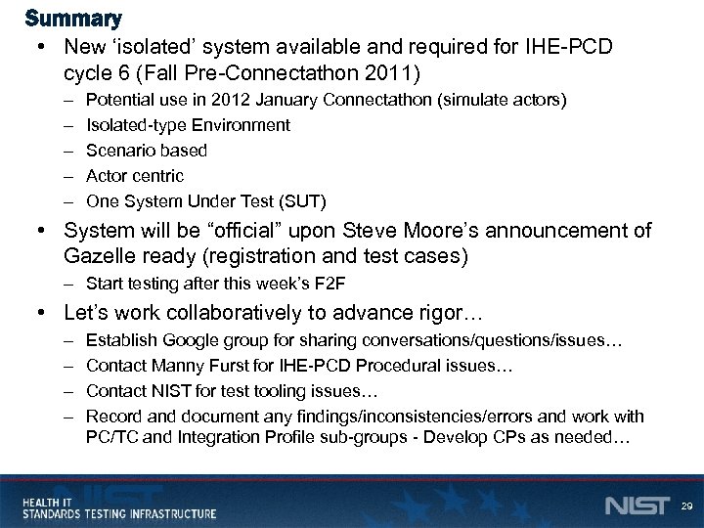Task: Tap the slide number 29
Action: coord(686,506)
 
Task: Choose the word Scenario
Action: coord(117,151)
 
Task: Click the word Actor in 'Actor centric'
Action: coord(107,176)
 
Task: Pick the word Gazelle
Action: coord(98,256)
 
